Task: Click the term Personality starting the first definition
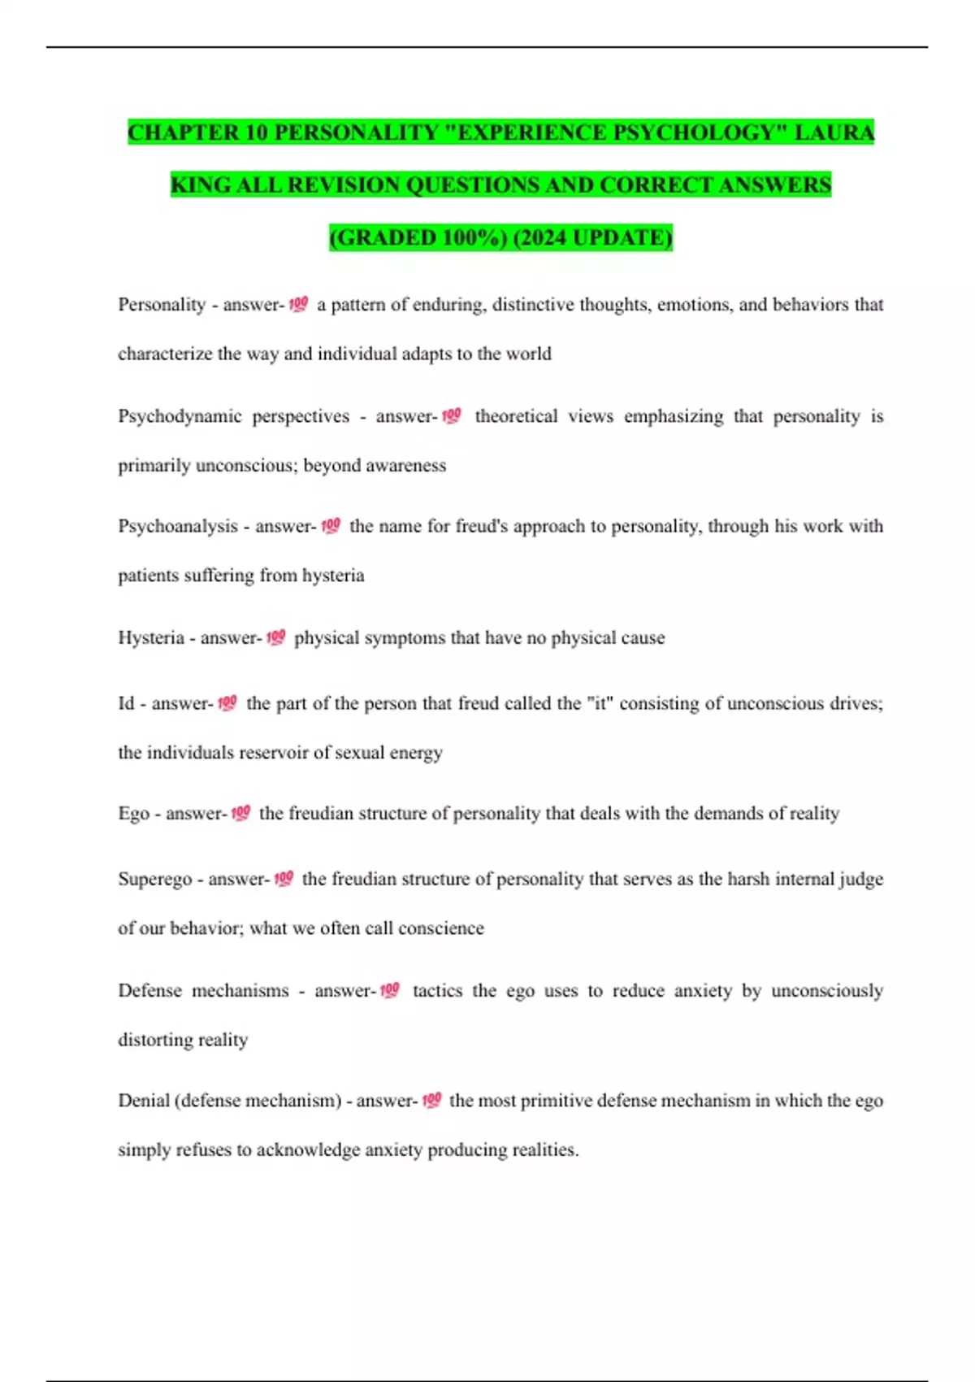pos(162,305)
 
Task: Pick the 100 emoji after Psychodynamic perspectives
pos(451,416)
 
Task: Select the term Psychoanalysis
pos(177,527)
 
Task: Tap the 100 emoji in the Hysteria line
pos(275,638)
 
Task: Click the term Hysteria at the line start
pos(151,638)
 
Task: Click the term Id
pos(126,703)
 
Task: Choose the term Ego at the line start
pos(134,814)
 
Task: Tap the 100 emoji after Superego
pos(283,879)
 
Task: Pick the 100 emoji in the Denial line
pos(431,1101)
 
